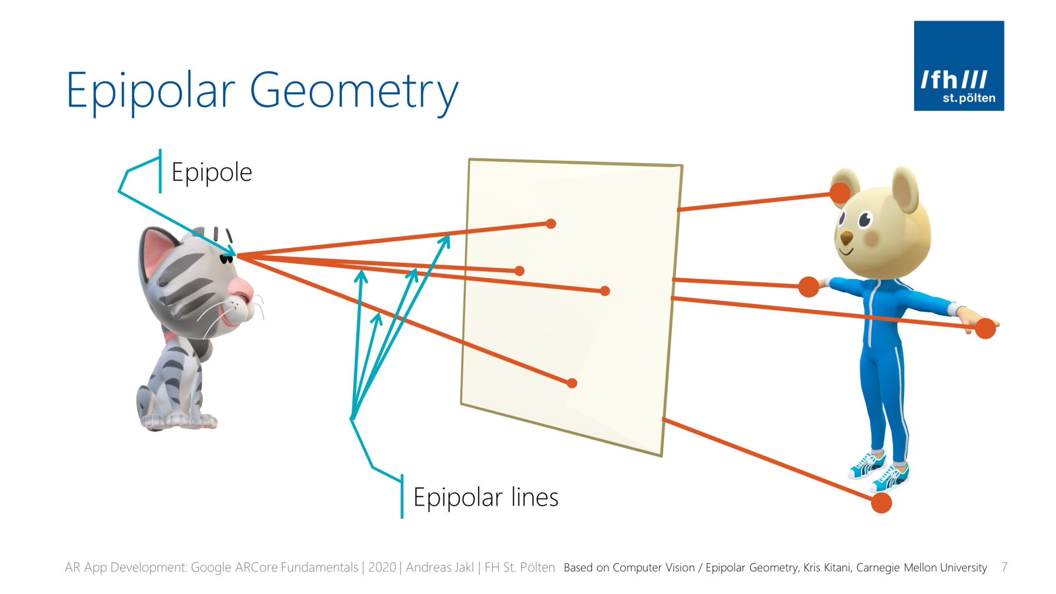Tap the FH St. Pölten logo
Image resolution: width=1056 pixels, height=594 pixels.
click(x=959, y=65)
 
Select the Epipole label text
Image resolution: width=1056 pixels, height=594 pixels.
click(x=211, y=172)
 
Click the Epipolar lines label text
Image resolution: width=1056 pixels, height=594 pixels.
click(x=486, y=498)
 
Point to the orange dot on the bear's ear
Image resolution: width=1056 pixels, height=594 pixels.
click(x=840, y=193)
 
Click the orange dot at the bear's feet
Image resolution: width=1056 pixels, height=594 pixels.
click(x=881, y=503)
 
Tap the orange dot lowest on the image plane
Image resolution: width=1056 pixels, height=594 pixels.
click(x=572, y=383)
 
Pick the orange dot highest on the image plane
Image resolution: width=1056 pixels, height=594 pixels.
click(x=551, y=224)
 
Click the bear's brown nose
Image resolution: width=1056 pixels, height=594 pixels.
click(x=847, y=238)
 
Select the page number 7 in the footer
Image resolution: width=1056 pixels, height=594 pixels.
click(x=1004, y=567)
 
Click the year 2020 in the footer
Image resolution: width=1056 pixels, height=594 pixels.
click(x=382, y=567)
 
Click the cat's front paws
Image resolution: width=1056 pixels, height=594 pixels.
click(x=180, y=420)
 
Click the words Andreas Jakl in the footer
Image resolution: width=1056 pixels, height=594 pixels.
click(x=439, y=567)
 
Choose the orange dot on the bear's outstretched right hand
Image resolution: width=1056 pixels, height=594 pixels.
click(x=985, y=328)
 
